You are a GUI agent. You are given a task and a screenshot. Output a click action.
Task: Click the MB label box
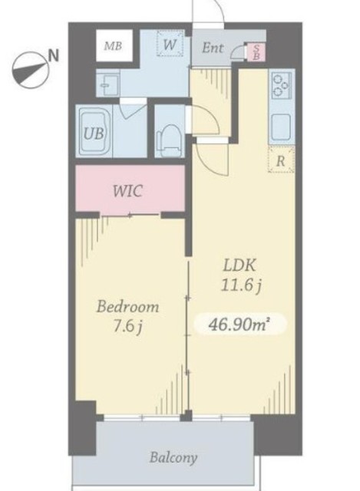114,46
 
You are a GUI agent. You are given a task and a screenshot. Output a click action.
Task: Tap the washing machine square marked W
170,44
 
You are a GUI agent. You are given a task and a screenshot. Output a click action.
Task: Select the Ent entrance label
213,48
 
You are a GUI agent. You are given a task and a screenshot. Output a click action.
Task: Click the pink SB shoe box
256,52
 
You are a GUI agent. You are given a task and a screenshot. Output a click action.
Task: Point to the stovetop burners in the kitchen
282,84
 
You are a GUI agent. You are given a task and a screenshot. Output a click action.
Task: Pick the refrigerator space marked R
281,160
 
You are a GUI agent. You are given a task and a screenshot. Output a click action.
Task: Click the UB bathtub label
94,133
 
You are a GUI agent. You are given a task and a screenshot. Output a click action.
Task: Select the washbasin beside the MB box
107,84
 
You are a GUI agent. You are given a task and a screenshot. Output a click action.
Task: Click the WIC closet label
128,190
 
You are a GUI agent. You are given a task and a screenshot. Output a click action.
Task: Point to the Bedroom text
128,307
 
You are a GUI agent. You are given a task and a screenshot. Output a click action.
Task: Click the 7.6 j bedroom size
127,327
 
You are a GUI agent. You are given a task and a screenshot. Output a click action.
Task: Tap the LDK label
239,265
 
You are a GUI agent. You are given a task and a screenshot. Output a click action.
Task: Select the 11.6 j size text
241,285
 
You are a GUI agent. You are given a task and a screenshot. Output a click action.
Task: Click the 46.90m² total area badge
239,325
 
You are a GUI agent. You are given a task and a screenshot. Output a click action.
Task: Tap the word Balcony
173,457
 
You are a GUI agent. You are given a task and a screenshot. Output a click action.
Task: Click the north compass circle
30,71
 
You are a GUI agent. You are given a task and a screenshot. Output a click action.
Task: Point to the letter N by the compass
54,56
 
